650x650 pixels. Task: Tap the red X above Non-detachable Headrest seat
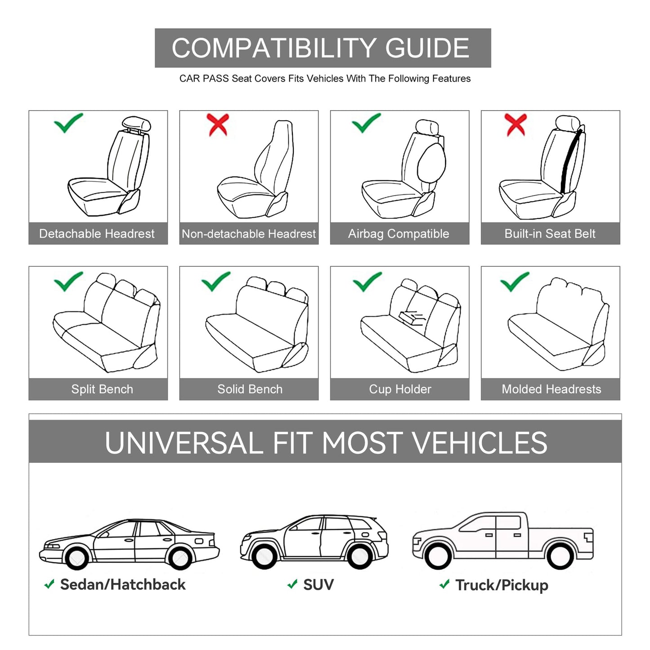click(x=218, y=125)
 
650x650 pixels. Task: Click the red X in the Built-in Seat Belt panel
click(x=516, y=125)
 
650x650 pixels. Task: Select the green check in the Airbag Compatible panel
click(x=366, y=123)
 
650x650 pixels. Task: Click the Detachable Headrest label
click(x=97, y=234)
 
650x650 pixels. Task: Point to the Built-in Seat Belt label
click(x=550, y=234)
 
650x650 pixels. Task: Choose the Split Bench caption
click(x=102, y=390)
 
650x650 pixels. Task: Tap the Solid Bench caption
click(x=250, y=390)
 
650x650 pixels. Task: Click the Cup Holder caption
click(x=400, y=390)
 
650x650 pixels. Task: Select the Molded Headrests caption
click(x=551, y=390)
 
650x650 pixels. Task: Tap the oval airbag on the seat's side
click(x=431, y=162)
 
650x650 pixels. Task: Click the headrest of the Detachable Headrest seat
click(x=136, y=124)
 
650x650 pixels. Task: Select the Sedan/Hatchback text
click(x=122, y=585)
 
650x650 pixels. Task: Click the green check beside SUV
click(x=292, y=584)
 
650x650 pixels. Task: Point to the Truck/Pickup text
click(x=502, y=585)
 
